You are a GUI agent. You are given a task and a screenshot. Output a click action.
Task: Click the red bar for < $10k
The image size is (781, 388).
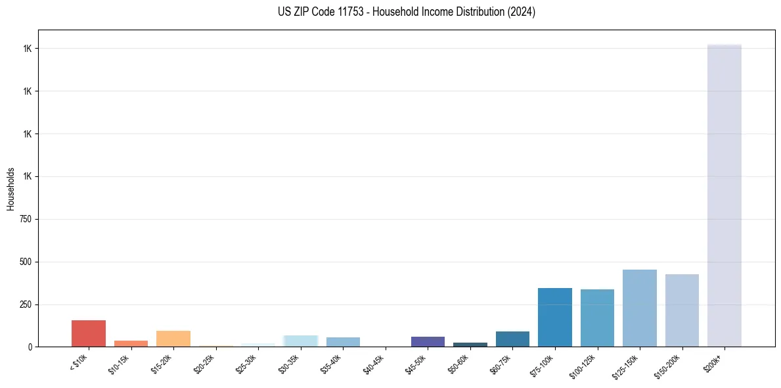[89, 333]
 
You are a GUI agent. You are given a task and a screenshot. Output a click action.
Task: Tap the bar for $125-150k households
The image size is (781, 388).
[639, 308]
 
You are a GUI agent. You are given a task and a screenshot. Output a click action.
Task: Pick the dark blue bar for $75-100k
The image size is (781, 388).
[555, 318]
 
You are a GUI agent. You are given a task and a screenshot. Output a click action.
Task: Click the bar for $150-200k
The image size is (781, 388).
[682, 310]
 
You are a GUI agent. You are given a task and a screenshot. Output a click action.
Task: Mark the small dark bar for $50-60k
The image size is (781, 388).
[470, 345]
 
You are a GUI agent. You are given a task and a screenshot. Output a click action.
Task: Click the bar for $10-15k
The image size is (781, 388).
[131, 343]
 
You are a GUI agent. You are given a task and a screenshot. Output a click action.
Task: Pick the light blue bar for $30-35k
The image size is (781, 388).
[301, 341]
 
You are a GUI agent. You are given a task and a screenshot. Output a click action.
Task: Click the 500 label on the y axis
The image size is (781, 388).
[26, 262]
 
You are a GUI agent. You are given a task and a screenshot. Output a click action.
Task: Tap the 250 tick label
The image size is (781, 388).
[26, 304]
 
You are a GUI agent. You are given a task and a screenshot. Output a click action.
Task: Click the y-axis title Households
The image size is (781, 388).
[11, 189]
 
